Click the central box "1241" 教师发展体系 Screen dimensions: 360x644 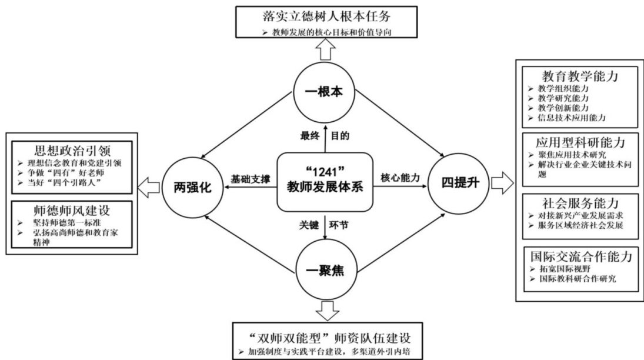(x=325, y=181)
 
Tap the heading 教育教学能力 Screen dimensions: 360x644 (x=580, y=76)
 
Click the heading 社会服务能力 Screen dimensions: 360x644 (x=580, y=204)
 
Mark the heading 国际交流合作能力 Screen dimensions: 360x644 (x=580, y=256)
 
